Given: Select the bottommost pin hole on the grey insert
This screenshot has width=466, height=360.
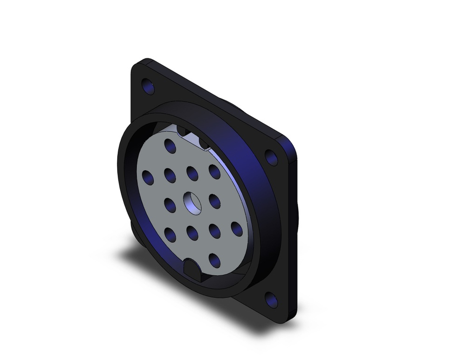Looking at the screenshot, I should click(214, 260).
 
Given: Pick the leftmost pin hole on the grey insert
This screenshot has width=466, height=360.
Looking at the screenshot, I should click(148, 177).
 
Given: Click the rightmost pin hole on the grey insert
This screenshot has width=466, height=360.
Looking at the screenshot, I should click(237, 228).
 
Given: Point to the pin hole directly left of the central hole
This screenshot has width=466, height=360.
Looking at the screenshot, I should click(170, 204).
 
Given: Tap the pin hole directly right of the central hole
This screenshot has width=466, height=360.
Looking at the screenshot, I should click(215, 201).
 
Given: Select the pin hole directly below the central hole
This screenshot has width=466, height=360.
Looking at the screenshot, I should click(192, 231).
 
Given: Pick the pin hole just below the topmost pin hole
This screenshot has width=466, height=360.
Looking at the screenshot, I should click(170, 175).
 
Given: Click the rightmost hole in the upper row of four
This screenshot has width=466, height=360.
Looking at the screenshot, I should click(215, 172).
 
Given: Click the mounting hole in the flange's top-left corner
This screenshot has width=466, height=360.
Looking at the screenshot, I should click(148, 86).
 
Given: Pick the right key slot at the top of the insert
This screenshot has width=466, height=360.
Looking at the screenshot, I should click(204, 142).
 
